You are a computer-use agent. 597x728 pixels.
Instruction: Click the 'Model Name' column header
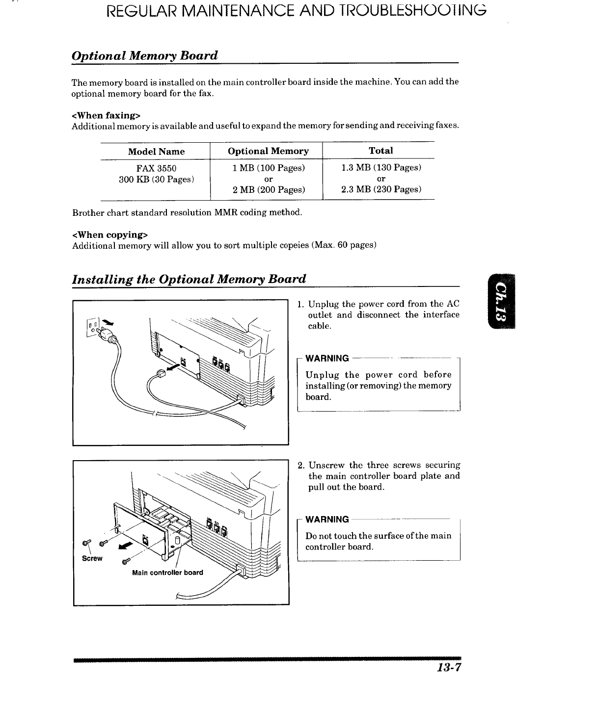pyautogui.click(x=156, y=152)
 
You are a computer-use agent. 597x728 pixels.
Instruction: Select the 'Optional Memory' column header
pyautogui.click(x=268, y=151)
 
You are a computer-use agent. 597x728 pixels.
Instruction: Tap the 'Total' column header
pyautogui.click(x=380, y=151)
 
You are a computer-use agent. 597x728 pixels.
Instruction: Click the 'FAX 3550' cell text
pyautogui.click(x=156, y=168)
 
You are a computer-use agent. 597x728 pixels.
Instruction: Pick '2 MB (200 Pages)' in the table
pyautogui.click(x=269, y=189)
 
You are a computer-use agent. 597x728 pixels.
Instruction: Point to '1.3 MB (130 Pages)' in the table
pyautogui.click(x=381, y=168)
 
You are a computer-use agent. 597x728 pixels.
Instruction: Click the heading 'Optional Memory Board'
pyautogui.click(x=144, y=55)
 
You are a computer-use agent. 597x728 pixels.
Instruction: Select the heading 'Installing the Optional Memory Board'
pyautogui.click(x=189, y=279)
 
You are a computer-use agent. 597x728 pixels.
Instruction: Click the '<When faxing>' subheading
pyautogui.click(x=106, y=115)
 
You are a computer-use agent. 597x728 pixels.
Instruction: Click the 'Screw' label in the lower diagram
pyautogui.click(x=92, y=558)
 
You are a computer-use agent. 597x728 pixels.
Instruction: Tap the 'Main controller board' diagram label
pyautogui.click(x=167, y=572)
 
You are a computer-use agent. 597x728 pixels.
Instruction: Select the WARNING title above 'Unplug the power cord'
pyautogui.click(x=327, y=358)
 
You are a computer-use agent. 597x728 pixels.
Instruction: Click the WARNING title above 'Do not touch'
pyautogui.click(x=327, y=519)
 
